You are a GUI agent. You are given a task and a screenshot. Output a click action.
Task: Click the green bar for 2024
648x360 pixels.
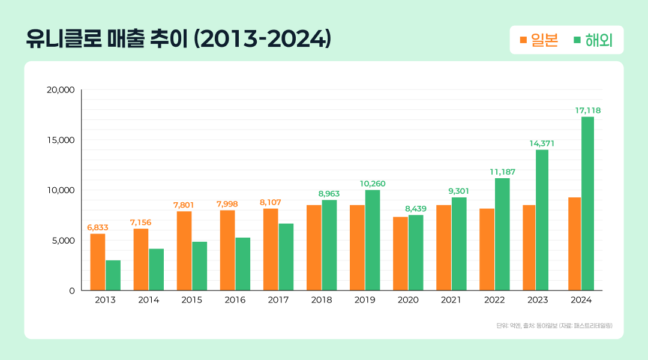pos(587,203)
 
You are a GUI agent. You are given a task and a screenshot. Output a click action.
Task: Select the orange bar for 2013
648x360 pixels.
pos(98,262)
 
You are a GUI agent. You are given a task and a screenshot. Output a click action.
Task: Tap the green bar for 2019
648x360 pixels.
pos(373,240)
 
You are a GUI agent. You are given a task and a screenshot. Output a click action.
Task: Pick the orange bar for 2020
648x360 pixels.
pos(400,253)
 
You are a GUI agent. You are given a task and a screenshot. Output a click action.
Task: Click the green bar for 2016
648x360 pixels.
pos(243,264)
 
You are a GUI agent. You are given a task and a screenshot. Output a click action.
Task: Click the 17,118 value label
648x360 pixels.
pos(587,110)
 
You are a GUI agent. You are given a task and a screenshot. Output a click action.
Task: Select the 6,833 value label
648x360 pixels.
pos(98,227)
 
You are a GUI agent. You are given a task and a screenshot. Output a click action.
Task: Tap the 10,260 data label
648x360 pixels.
pos(373,183)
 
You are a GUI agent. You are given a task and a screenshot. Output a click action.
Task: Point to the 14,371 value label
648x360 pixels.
pos(542,143)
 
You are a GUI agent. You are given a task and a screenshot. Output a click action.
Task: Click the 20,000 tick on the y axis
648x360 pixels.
pos(61,90)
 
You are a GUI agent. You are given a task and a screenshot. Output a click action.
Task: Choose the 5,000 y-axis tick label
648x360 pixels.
pos(62,241)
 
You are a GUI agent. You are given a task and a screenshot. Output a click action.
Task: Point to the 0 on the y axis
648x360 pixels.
pos(71,290)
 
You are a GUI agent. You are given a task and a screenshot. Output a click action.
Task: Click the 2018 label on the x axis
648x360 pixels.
pos(322,300)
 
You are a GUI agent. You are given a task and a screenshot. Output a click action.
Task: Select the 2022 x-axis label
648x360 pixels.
pos(494,300)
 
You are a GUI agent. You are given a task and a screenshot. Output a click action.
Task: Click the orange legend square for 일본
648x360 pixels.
pos(523,40)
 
